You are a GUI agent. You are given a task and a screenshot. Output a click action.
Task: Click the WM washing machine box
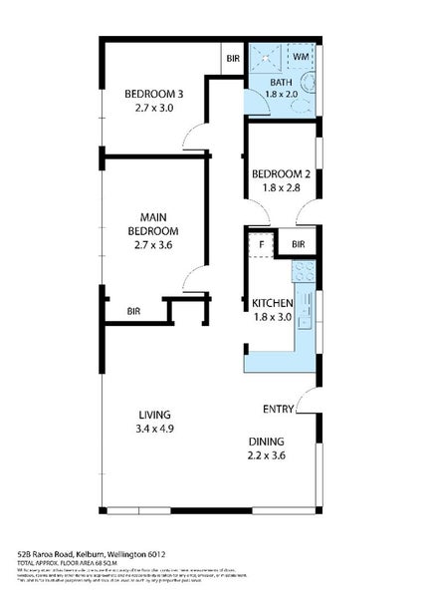click(x=302, y=58)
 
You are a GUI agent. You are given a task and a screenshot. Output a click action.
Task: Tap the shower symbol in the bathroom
click(x=264, y=58)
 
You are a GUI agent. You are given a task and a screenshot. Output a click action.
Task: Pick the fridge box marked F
click(x=262, y=243)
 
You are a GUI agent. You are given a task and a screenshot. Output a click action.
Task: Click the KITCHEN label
click(x=272, y=303)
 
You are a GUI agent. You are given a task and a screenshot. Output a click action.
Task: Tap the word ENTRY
click(x=278, y=409)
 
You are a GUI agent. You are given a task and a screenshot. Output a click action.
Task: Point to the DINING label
click(x=267, y=442)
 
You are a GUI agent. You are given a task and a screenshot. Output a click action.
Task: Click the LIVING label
click(x=154, y=415)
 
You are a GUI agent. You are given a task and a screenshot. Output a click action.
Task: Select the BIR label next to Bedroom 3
click(x=232, y=59)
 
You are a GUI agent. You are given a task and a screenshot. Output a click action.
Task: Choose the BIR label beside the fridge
click(x=298, y=243)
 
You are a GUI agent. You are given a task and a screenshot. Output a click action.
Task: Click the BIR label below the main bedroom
click(x=132, y=312)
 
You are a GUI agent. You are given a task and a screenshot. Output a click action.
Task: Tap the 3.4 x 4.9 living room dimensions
click(x=154, y=430)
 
